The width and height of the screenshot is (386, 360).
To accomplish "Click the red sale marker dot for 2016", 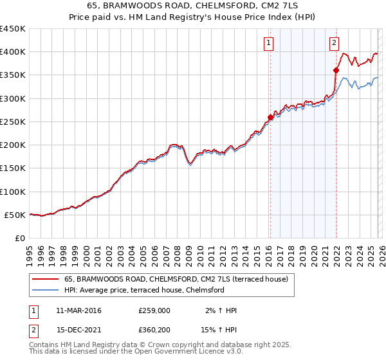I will (x=270, y=117).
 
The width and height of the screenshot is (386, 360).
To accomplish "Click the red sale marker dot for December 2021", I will (x=336, y=70).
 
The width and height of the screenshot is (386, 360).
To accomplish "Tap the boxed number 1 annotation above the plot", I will (x=268, y=43).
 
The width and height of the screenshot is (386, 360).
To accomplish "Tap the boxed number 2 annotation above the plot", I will (x=335, y=43).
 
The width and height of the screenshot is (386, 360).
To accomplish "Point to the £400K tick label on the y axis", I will (x=12, y=52).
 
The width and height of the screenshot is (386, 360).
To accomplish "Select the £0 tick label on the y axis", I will (x=19, y=239).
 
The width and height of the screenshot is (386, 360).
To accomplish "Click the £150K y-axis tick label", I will (x=12, y=168).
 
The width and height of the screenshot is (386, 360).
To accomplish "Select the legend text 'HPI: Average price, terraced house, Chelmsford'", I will (x=144, y=290).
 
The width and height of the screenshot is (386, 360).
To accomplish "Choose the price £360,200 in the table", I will (x=154, y=330).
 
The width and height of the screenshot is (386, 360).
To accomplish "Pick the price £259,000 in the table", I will (x=154, y=310).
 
